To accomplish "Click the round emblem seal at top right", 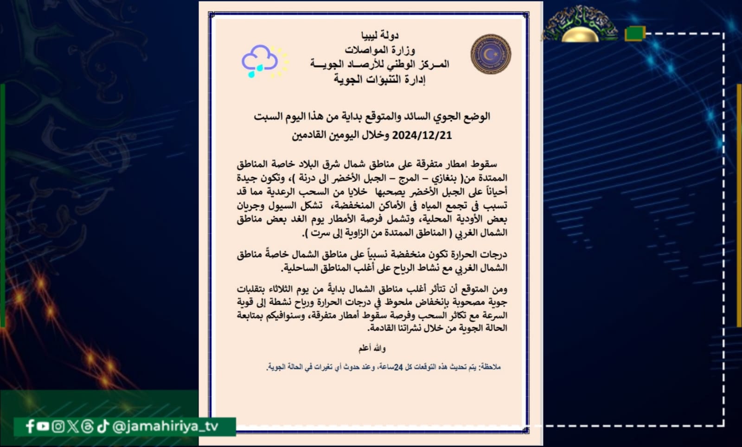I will click(491, 54).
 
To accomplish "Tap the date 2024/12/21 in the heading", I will click(422, 135).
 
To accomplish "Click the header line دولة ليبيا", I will click(379, 35).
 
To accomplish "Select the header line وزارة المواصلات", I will click(379, 49).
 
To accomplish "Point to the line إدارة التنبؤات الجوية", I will click(379, 79).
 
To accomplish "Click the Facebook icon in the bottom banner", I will click(30, 426).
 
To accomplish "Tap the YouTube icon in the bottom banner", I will click(43, 426).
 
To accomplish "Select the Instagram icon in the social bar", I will click(58, 426).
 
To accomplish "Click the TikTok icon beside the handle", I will click(103, 426).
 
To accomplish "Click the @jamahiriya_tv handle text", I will click(165, 426).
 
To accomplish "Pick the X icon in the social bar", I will click(72, 426).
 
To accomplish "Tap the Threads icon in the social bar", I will click(87, 426).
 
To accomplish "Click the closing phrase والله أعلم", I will click(371, 348).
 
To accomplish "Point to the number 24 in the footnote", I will click(398, 367).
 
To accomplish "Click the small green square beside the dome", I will click(634, 33).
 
